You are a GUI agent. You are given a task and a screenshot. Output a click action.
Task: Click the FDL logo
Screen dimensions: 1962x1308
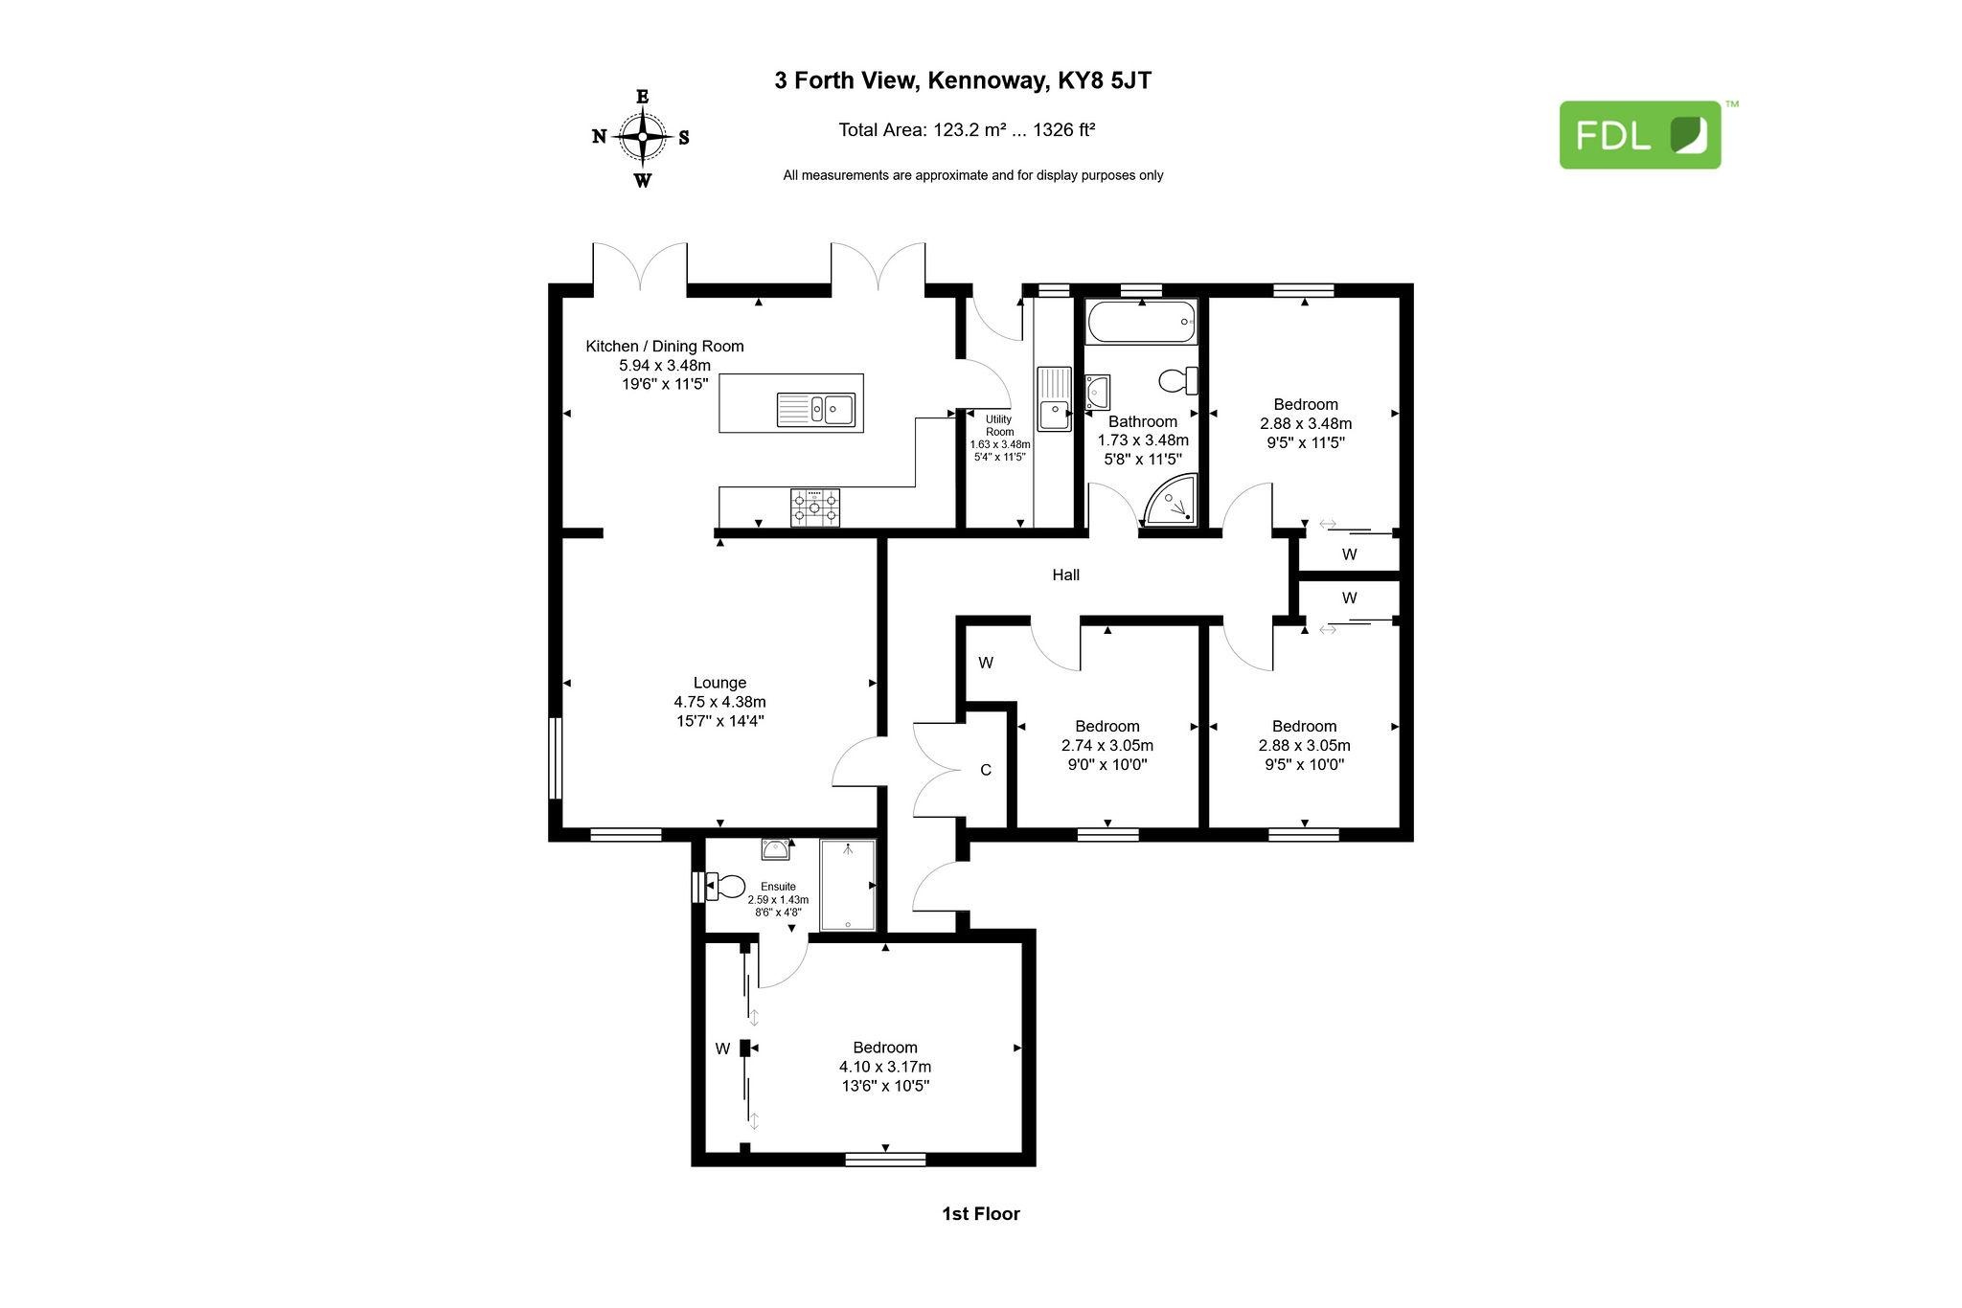pos(1640,135)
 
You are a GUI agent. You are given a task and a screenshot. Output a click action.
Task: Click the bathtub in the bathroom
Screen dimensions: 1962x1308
pos(1141,321)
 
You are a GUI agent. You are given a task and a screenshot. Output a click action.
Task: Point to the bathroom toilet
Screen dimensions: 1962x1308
pos(1178,381)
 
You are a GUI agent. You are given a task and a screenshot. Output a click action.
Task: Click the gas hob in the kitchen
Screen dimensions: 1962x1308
pos(815,507)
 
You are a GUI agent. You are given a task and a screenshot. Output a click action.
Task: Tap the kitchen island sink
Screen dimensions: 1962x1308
pos(815,410)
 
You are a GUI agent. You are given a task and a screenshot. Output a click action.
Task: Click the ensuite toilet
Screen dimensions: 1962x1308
pos(724,886)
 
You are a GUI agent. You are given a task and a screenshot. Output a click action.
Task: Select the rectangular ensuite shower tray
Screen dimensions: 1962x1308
pos(848,885)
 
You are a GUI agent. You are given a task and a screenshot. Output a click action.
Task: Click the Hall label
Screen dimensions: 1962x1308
pos(1065,575)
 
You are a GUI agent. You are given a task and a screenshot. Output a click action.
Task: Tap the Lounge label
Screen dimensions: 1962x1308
pos(719,683)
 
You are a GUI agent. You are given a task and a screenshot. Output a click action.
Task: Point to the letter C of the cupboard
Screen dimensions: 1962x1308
pos(986,770)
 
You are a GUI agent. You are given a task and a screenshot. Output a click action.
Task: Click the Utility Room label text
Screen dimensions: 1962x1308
pos(999,425)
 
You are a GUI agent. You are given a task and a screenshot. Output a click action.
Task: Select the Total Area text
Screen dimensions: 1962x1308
pos(967,129)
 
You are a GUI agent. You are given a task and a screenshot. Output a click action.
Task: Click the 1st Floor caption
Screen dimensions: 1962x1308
pos(981,1213)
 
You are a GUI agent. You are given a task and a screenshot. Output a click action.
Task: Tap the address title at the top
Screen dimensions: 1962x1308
pos(963,80)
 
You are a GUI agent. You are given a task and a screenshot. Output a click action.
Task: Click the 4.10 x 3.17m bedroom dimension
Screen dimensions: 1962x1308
pos(885,1067)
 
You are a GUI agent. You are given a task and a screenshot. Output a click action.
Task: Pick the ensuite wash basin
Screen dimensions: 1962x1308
pos(775,848)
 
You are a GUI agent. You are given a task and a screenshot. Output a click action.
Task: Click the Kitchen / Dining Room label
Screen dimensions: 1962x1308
pos(665,346)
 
